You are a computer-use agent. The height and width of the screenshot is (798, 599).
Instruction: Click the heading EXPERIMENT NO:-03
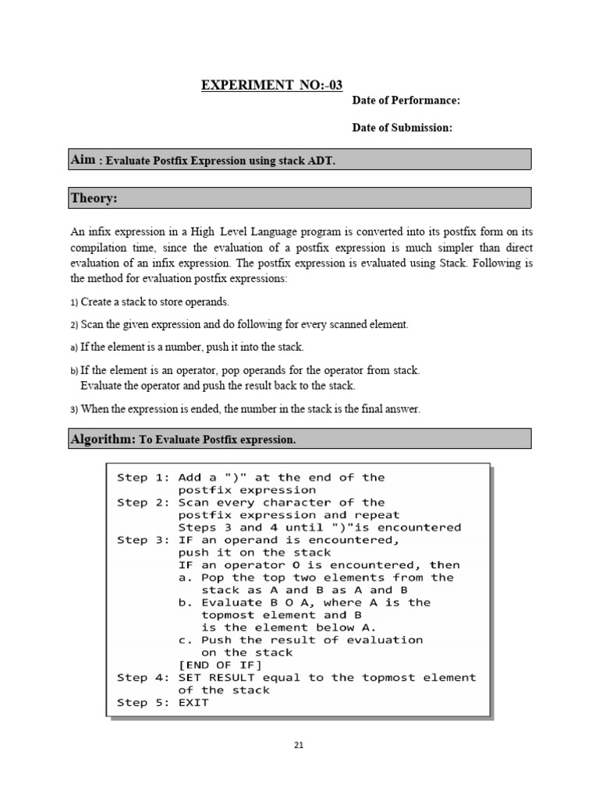point(271,85)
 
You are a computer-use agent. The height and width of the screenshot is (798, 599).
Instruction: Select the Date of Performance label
point(406,101)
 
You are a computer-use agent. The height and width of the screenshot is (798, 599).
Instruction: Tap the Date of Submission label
point(402,127)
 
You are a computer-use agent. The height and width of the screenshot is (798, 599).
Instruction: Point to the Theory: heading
point(94,199)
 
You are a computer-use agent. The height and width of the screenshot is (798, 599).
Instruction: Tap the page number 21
point(299,745)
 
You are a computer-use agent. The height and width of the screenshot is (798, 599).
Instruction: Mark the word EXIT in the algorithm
point(193,702)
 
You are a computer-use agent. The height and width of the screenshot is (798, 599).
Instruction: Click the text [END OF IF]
point(221,665)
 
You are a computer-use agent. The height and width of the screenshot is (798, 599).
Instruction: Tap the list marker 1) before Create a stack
point(74,302)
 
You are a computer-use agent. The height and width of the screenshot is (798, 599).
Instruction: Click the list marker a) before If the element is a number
point(74,347)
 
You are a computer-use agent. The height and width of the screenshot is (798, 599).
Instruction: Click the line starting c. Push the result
point(300,640)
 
